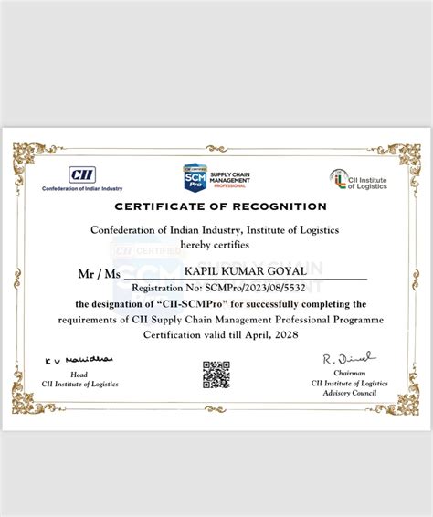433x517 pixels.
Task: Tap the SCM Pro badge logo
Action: [194, 176]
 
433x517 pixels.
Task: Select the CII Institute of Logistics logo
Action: [358, 179]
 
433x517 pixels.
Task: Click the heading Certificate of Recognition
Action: [220, 206]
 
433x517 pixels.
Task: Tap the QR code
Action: [216, 375]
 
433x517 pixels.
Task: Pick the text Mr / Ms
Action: [100, 272]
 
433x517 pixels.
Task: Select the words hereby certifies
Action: [215, 244]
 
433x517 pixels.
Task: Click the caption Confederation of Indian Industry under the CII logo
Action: [82, 188]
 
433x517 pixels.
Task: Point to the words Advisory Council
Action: [343, 392]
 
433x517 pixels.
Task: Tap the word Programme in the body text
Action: [348, 320]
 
